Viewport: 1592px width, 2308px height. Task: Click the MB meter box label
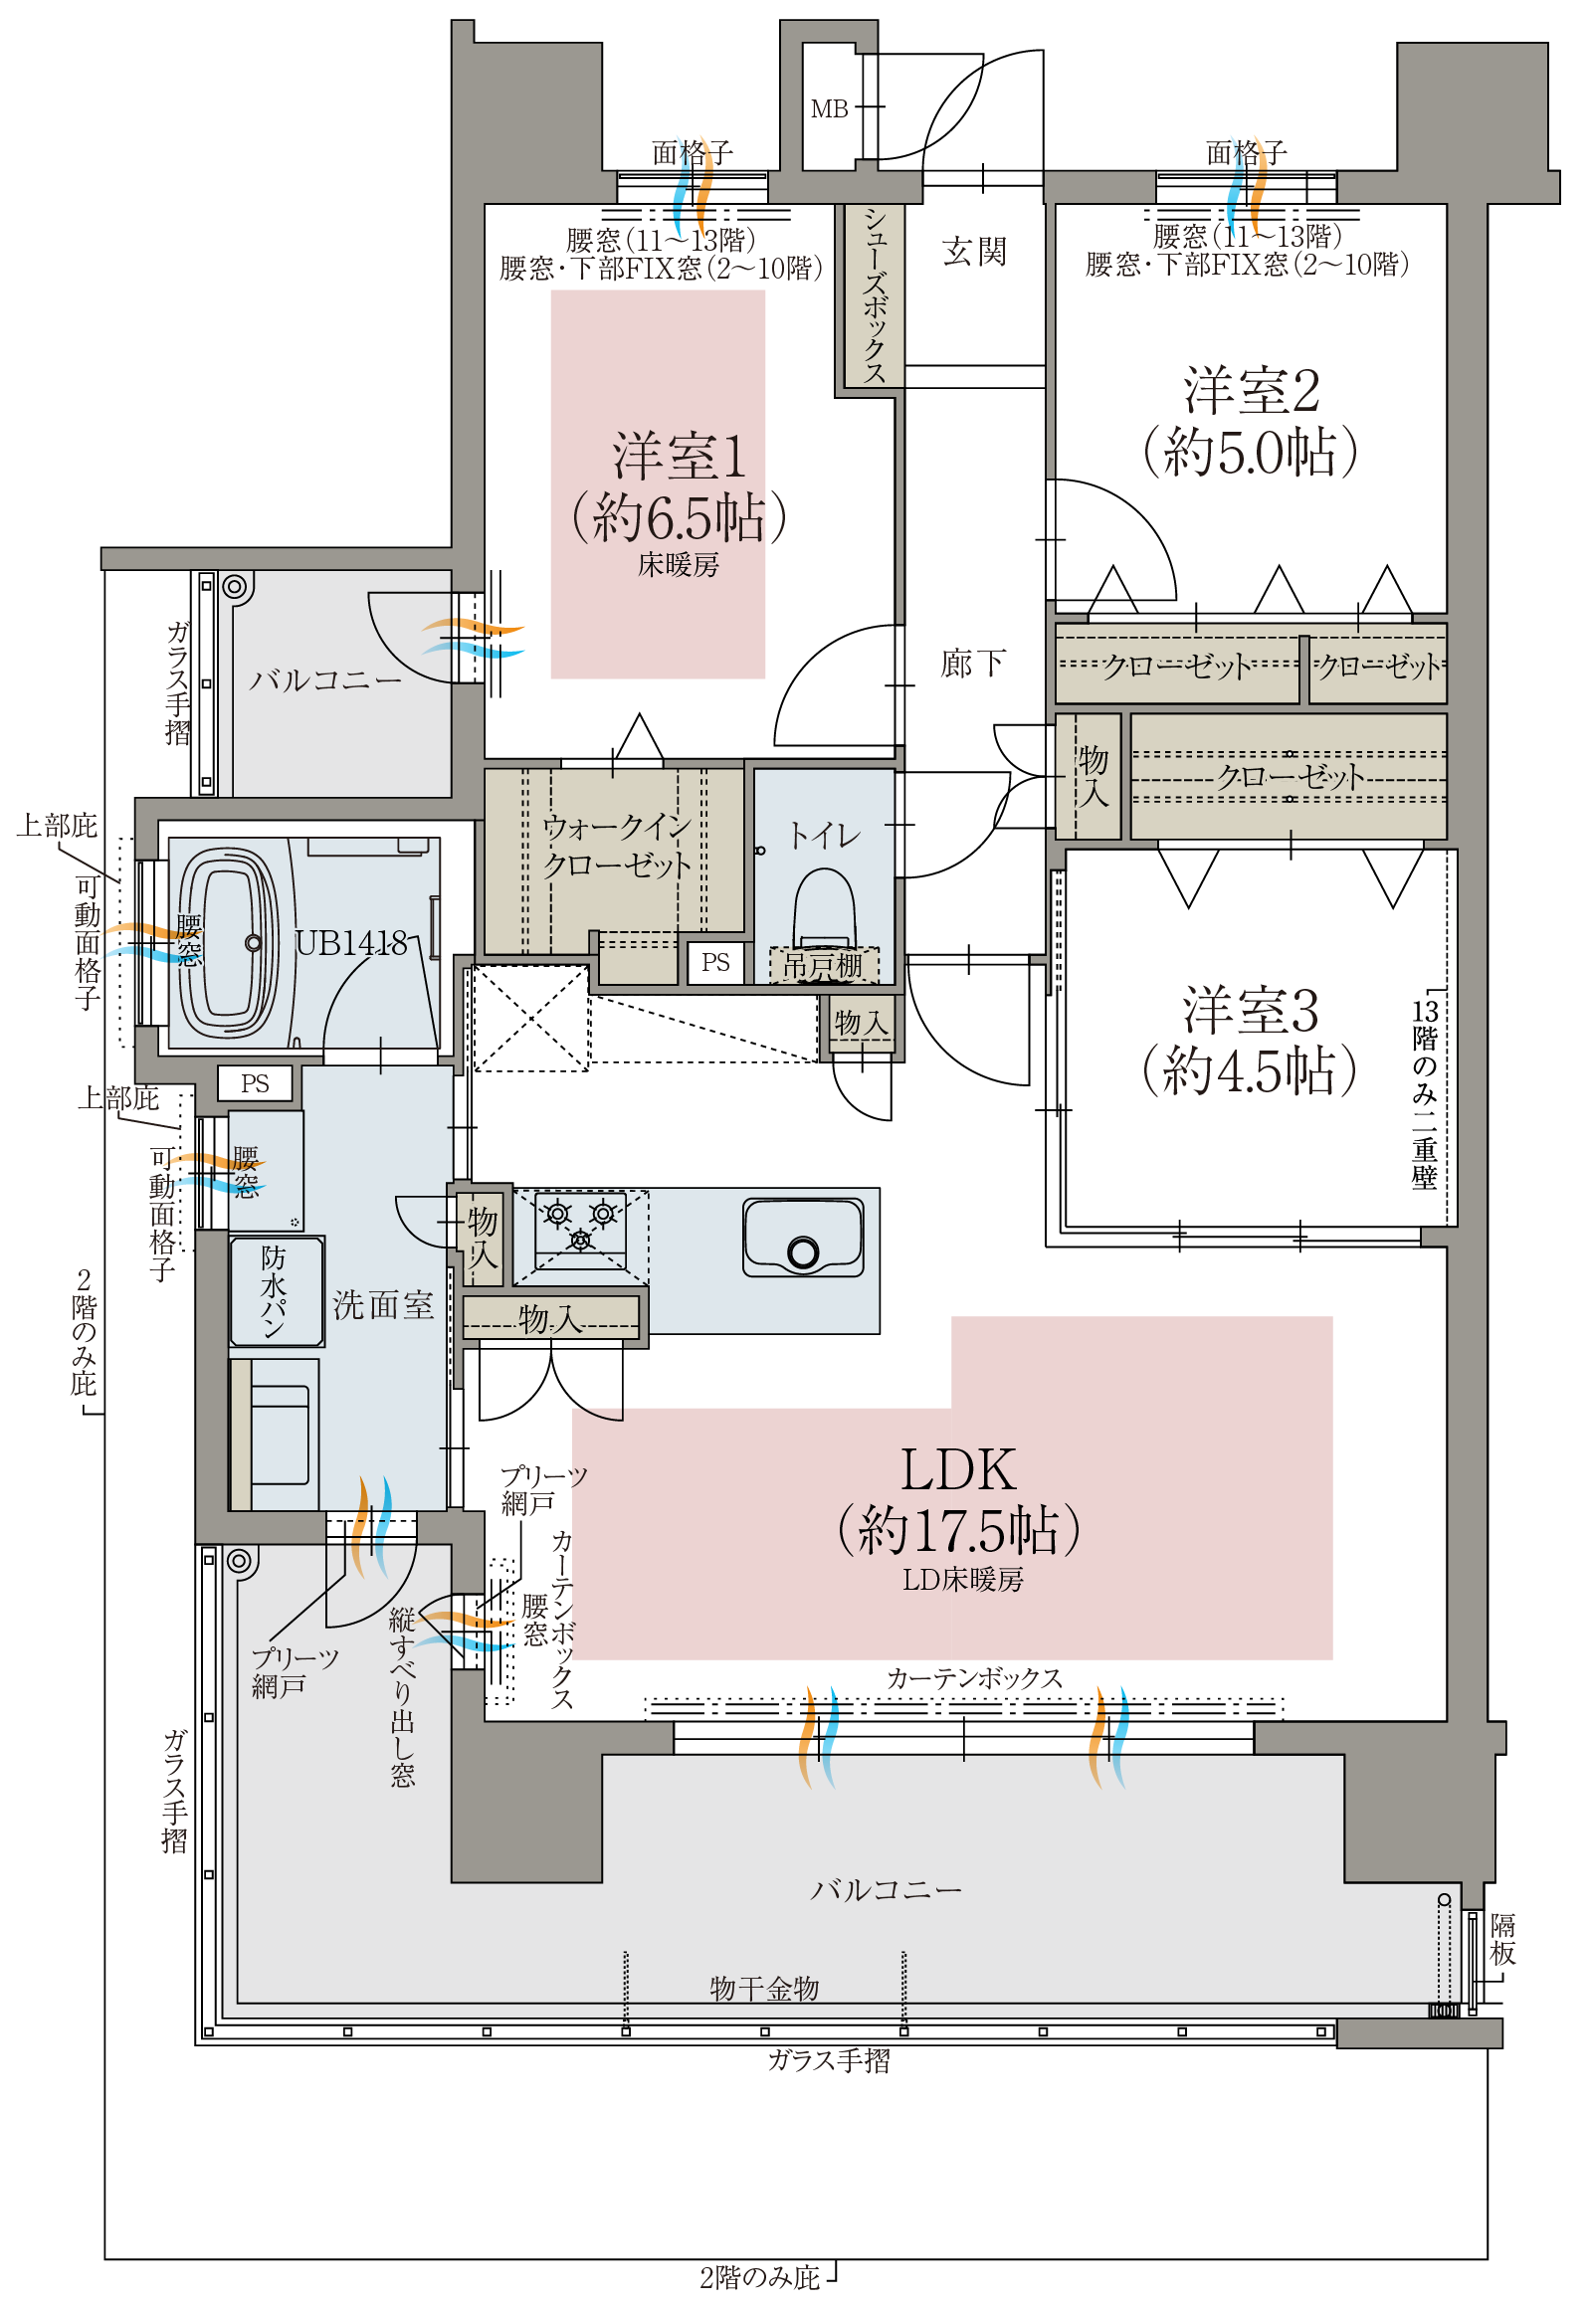829,108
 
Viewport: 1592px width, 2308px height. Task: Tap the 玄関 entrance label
974,252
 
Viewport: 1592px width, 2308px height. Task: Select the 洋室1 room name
680,456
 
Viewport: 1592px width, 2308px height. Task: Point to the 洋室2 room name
1252,390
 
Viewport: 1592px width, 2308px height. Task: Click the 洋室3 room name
1251,1010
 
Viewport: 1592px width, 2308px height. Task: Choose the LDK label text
957,1469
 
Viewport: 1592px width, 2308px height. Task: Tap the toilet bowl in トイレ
824,908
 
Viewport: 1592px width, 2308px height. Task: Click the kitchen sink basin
803,1238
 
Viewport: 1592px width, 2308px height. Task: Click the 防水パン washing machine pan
278,1291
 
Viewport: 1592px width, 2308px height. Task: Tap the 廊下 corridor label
972,664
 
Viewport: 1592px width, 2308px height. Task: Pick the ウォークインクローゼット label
617,846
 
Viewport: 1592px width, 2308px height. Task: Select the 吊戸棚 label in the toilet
823,965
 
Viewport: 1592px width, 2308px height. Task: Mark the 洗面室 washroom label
383,1304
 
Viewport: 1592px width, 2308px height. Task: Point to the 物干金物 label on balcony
764,1990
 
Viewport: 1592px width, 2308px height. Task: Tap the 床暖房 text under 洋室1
679,565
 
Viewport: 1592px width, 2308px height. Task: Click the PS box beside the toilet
715,963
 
